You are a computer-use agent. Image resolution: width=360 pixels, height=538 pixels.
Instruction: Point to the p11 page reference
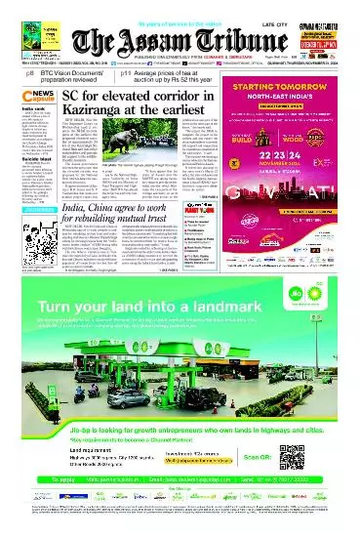point(127,73)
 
